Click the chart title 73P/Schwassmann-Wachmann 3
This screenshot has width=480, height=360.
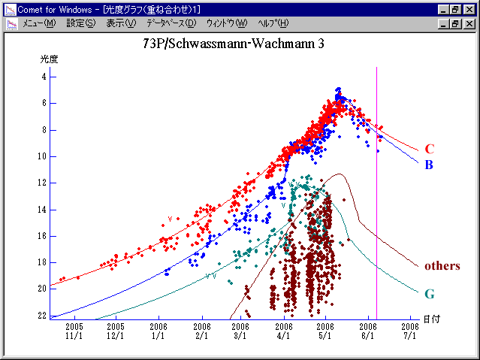point(234,44)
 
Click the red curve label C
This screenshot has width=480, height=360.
point(429,149)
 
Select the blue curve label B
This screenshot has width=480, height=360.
point(429,165)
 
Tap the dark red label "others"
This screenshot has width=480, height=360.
point(442,265)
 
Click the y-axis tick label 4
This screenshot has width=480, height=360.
point(44,77)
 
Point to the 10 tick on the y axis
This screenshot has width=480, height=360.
point(42,156)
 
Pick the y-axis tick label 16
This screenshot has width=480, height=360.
point(42,236)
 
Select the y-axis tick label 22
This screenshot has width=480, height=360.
point(42,316)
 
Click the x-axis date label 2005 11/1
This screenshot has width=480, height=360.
point(74,332)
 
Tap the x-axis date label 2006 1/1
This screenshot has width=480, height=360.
point(158,332)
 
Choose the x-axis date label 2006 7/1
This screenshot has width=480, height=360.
point(409,332)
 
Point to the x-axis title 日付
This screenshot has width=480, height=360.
point(431,319)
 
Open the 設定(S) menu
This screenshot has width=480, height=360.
point(80,23)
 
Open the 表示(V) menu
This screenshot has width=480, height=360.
point(120,23)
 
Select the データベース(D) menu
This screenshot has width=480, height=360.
point(171,23)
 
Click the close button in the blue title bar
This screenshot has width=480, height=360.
point(469,10)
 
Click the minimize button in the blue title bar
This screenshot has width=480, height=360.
point(444,10)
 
